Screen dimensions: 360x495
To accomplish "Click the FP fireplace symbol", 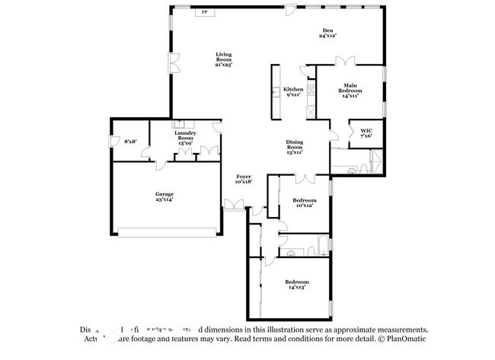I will coord(203,13).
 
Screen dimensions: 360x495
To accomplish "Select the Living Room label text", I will coord(223,59).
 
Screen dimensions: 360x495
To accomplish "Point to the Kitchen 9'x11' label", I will coord(294,92).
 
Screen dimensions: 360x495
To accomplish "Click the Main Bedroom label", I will coord(350,90).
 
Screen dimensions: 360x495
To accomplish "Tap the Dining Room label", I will coord(295,147).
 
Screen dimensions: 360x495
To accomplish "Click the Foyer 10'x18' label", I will coord(243,179).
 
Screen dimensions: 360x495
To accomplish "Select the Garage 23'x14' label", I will coord(164,196).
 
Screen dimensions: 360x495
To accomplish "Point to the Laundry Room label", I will coord(187,138).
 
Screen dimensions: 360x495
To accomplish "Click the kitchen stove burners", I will coord(311,89).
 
